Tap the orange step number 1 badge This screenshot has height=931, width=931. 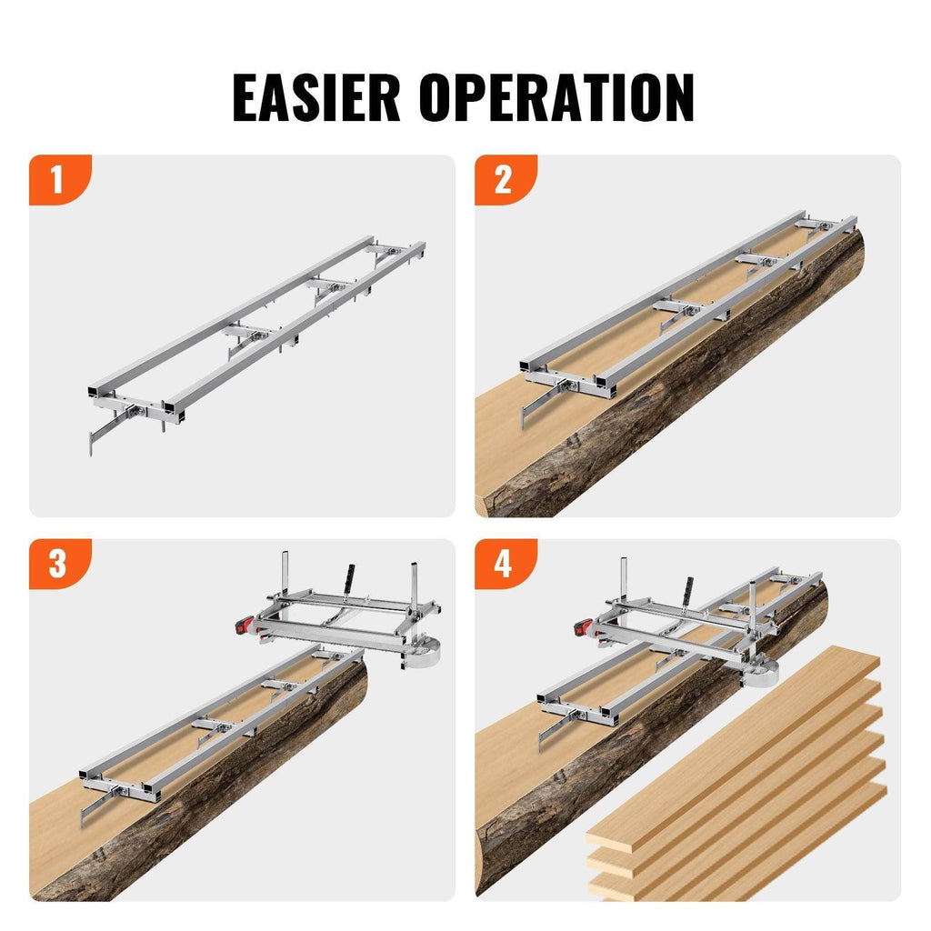[58, 179]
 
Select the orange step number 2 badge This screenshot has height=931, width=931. [504, 179]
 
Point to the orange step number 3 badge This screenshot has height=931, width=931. [58, 564]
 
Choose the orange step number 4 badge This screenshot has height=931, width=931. [504, 564]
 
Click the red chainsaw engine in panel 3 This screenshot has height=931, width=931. [243, 626]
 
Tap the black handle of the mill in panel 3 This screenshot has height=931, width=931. [347, 578]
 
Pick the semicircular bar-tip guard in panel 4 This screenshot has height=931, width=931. [760, 673]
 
